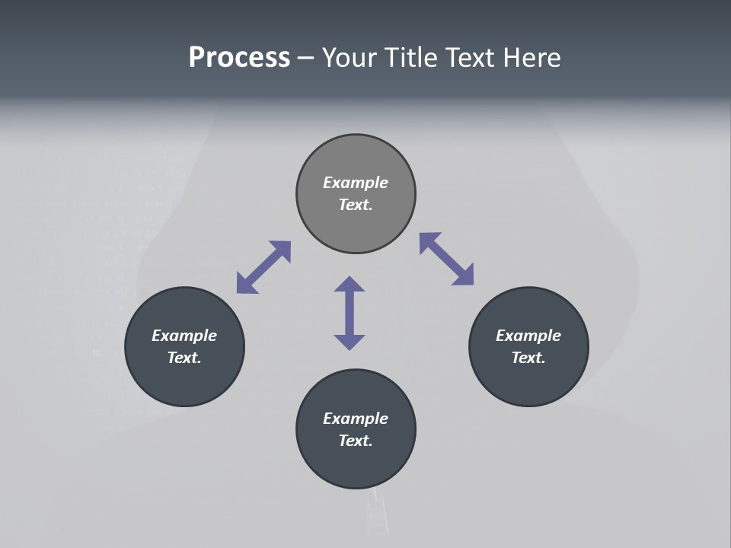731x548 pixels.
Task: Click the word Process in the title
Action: point(239,58)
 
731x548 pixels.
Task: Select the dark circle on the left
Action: point(184,381)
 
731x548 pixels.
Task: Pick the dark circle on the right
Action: point(528,381)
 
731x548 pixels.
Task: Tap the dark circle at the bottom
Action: point(356,464)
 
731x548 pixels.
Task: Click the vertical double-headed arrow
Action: point(350,313)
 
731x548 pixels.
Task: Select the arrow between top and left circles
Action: point(263,267)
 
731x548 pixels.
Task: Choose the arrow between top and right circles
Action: point(446,260)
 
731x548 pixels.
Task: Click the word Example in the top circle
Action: point(356,183)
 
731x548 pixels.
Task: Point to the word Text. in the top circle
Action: point(356,205)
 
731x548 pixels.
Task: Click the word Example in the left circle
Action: point(184,336)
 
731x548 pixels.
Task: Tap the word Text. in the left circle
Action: point(184,358)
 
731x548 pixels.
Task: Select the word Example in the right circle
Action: point(528,336)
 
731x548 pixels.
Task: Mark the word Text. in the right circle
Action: point(528,358)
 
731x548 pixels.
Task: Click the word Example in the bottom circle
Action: point(356,419)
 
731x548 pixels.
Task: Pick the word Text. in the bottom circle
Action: point(356,441)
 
